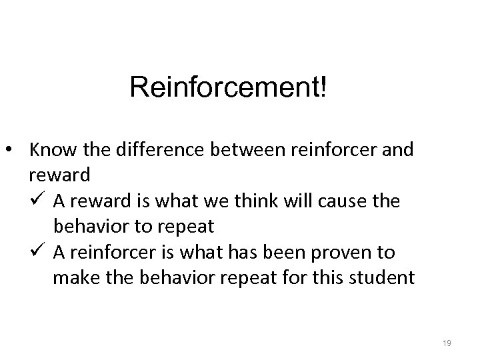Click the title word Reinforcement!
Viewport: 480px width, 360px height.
229,87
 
